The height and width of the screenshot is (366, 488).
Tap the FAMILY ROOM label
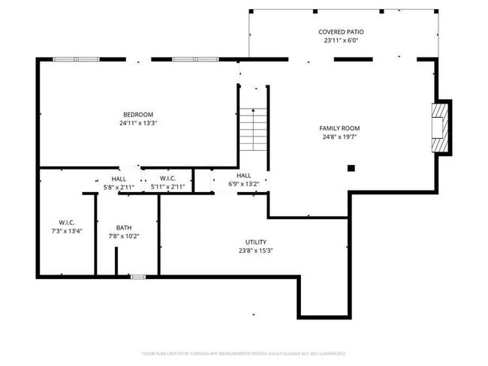click(x=339, y=128)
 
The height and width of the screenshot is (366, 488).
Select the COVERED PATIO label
click(x=341, y=31)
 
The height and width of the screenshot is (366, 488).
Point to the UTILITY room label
click(x=255, y=241)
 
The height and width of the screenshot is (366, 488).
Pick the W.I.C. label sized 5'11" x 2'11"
click(x=167, y=178)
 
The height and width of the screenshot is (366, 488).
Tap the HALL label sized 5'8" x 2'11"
click(x=119, y=178)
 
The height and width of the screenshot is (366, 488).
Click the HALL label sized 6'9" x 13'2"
click(x=244, y=175)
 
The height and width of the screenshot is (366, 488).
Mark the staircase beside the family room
click(x=253, y=130)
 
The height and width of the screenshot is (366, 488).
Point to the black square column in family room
click(x=351, y=169)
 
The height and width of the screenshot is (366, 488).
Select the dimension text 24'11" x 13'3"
click(x=137, y=123)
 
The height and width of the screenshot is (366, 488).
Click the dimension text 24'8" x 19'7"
click(x=339, y=137)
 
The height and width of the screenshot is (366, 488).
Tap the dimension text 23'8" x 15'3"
click(x=255, y=250)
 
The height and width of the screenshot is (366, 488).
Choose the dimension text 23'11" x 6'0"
click(x=341, y=40)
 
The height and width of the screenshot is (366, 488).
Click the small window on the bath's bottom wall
click(x=137, y=277)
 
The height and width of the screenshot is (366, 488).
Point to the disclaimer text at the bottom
click(x=243, y=352)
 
